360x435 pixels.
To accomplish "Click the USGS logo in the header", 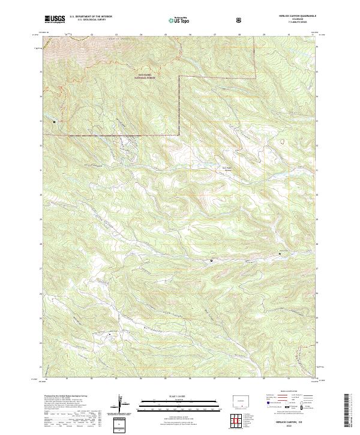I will pyautogui.click(x=55, y=20).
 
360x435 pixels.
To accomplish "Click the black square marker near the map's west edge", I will pyautogui.click(x=55, y=122).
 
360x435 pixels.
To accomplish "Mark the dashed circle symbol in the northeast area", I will pyautogui.click(x=281, y=142).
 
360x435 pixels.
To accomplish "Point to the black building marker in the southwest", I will pyautogui.click(x=110, y=334).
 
